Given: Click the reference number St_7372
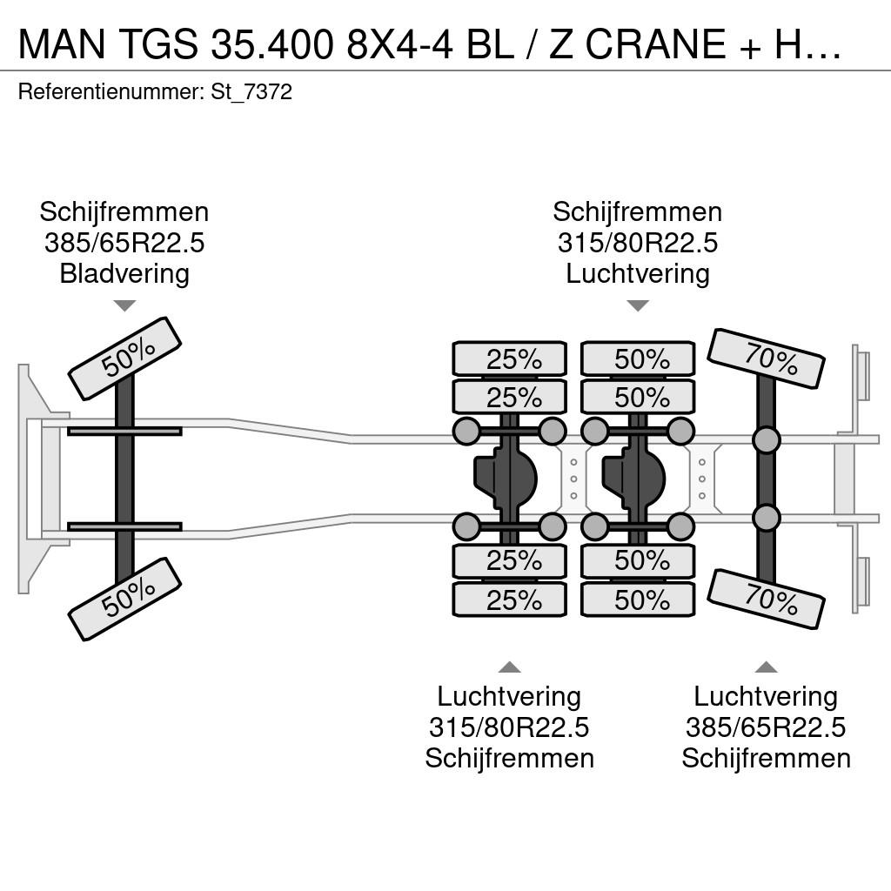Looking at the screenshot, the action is pos(251,91).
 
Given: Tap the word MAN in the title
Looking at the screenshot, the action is pos(62,44).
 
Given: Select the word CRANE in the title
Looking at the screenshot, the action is pos(656,44).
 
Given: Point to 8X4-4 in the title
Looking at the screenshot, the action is pos(399,44).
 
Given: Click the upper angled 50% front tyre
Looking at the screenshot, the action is pos(124,358).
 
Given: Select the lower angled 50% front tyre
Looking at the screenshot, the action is pos(124,600).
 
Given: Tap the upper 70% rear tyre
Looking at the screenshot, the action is pos(766,358).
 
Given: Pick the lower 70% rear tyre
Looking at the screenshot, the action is pos(766,600).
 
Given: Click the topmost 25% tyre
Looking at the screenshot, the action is pos(510,358).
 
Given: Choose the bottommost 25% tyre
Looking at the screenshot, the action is pos(510,600).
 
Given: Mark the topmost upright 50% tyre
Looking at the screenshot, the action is pos(638,358).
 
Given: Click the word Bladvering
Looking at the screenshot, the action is pos(124,273).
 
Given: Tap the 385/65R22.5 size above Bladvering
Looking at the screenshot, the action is pos(124,243).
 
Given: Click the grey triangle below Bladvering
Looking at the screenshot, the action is pos(124,305).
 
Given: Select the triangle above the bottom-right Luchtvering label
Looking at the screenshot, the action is pos(766,667).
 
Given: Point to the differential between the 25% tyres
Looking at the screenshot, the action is pos(506,479).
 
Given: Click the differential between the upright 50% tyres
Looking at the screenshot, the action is pos(633,479).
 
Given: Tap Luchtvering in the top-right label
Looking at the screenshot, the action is pos(638,273).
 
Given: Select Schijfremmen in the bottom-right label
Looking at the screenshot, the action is pos(766,758).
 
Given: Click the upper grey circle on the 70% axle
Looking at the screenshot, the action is pos(766,439).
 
